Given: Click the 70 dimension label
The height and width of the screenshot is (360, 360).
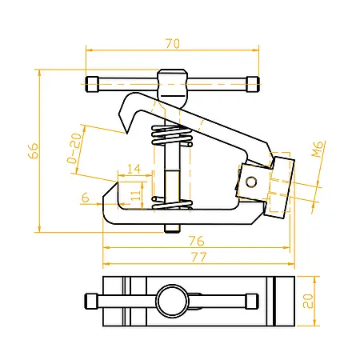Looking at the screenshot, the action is [173, 44].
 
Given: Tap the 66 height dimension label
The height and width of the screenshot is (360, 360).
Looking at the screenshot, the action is [34, 151].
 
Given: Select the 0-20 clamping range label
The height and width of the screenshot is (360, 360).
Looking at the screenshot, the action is [74, 148].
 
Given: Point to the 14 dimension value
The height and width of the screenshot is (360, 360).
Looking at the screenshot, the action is [134, 169].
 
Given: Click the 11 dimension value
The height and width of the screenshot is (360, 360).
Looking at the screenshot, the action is [136, 195].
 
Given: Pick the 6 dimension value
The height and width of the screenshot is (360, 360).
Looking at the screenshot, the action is [85, 198].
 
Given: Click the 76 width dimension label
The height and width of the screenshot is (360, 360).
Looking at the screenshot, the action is [197, 241].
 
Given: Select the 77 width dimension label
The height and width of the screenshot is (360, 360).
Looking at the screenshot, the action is [199, 258].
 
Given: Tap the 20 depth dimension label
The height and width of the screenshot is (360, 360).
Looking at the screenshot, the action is [308, 301].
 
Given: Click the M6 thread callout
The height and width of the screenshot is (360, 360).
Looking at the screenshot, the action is [318, 149].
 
